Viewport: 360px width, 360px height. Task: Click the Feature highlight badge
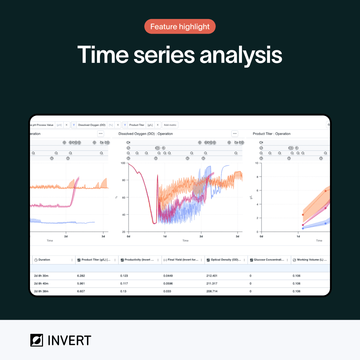[x=180, y=27]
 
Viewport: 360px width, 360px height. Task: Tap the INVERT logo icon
[x=37, y=340]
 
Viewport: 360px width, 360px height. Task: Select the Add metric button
[x=170, y=125]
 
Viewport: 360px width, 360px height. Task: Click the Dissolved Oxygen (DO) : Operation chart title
[x=146, y=134]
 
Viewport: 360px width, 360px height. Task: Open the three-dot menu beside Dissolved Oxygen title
[x=235, y=134]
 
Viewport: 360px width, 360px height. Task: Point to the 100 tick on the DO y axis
[x=123, y=163]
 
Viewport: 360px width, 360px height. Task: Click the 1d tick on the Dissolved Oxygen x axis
[x=165, y=236]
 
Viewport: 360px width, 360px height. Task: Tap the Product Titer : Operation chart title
[x=272, y=134]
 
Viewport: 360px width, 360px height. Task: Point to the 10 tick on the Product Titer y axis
[x=256, y=163]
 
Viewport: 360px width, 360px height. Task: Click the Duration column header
[x=44, y=260]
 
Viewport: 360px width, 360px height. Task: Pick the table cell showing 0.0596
[x=168, y=283]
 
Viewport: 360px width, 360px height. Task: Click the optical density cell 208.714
[x=212, y=291]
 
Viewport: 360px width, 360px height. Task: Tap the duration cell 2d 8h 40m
[x=41, y=283]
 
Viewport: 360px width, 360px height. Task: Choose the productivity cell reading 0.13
[x=123, y=291]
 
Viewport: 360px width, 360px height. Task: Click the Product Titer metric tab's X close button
[x=158, y=125]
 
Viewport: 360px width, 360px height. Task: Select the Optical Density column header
[x=226, y=260]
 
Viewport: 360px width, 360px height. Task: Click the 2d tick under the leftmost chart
[x=66, y=236]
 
